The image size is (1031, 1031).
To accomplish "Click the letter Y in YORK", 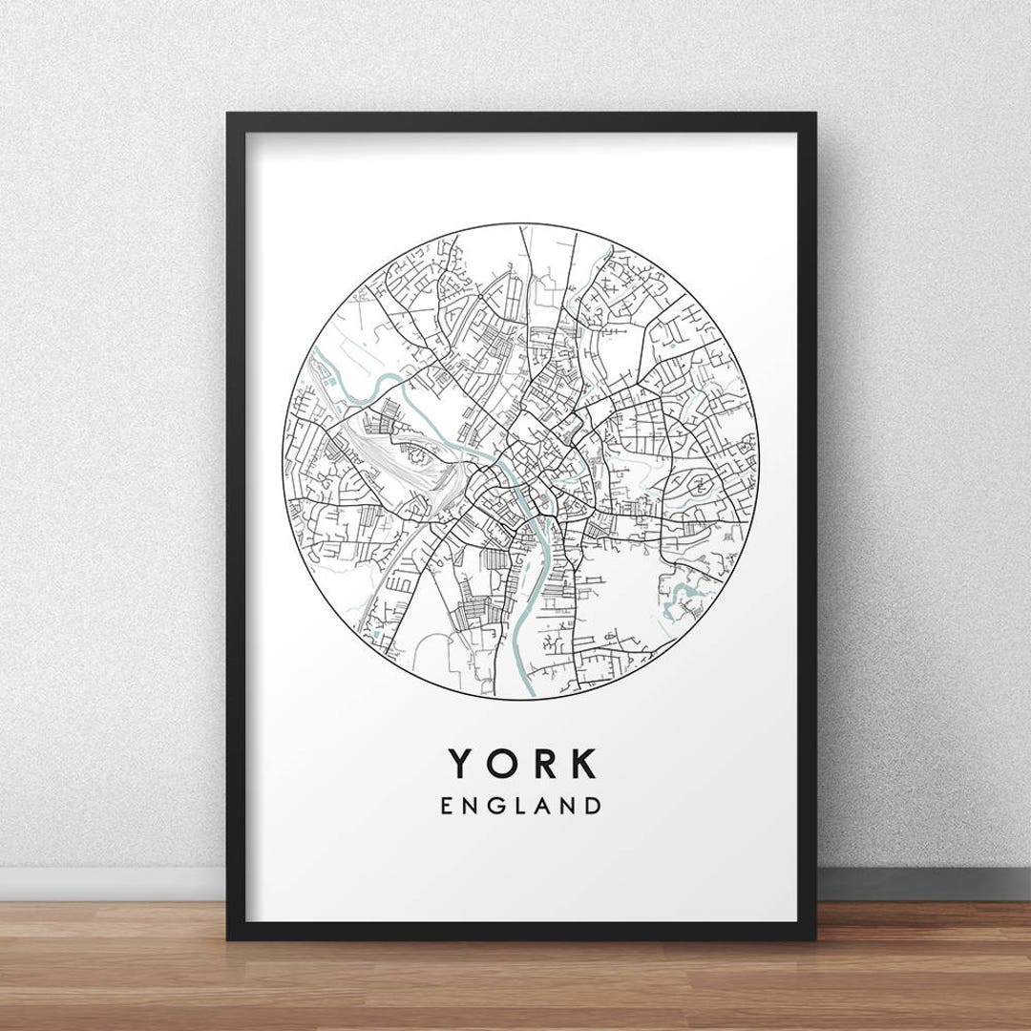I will click(x=462, y=763).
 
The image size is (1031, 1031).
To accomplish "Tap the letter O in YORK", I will click(x=505, y=763).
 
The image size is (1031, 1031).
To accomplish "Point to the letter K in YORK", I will click(x=583, y=763).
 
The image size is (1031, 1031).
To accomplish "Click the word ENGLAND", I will click(x=521, y=806).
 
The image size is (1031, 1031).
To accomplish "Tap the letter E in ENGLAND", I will click(x=448, y=806).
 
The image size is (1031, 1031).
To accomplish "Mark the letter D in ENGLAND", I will click(x=594, y=806).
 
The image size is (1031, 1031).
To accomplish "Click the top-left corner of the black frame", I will click(x=228, y=116).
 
